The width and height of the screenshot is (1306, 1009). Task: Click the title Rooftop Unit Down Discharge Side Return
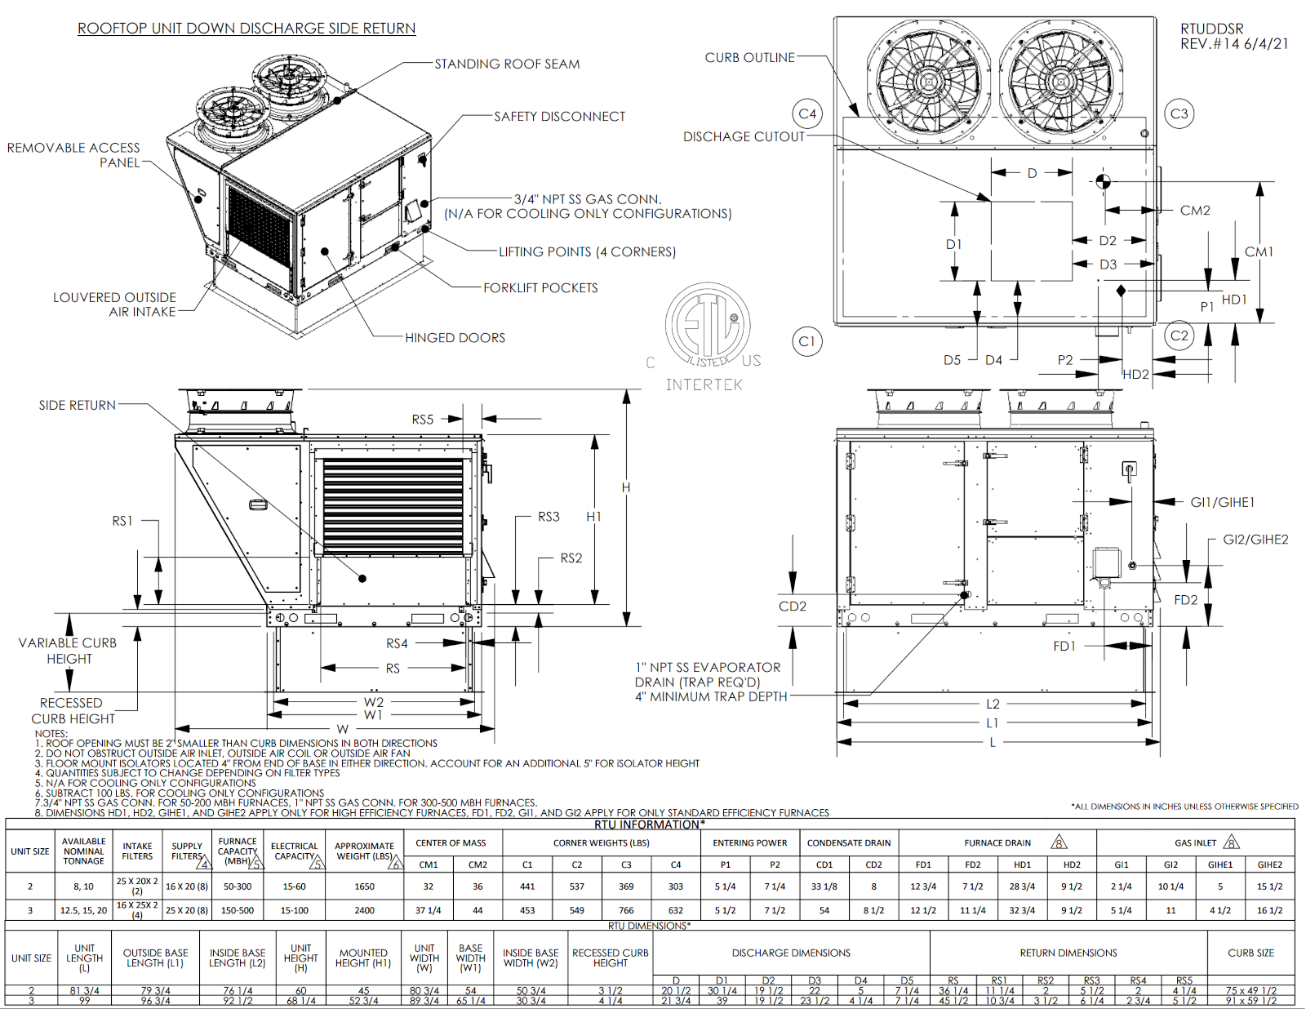247,29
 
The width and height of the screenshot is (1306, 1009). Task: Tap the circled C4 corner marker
807,114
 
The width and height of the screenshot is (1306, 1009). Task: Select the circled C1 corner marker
807,341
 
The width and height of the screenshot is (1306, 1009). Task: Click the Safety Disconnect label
559,117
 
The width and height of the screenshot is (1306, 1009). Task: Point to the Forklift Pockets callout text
540,288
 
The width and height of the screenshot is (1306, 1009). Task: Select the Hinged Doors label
455,338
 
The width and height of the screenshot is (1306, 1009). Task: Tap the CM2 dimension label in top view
1195,211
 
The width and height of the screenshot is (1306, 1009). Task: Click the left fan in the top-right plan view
928,81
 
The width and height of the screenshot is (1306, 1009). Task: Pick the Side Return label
78,405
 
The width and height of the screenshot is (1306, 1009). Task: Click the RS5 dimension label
422,420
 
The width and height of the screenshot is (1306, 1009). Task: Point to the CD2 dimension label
792,607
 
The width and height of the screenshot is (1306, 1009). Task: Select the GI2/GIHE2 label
1255,540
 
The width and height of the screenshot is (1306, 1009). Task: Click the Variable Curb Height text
68,651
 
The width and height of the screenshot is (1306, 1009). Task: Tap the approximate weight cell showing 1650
364,887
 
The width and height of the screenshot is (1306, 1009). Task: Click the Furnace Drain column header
997,843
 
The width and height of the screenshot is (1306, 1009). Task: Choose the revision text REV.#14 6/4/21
1234,44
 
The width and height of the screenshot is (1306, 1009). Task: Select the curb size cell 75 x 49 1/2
1250,991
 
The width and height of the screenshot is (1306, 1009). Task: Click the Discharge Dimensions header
791,953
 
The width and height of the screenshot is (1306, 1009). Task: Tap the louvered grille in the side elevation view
393,506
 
